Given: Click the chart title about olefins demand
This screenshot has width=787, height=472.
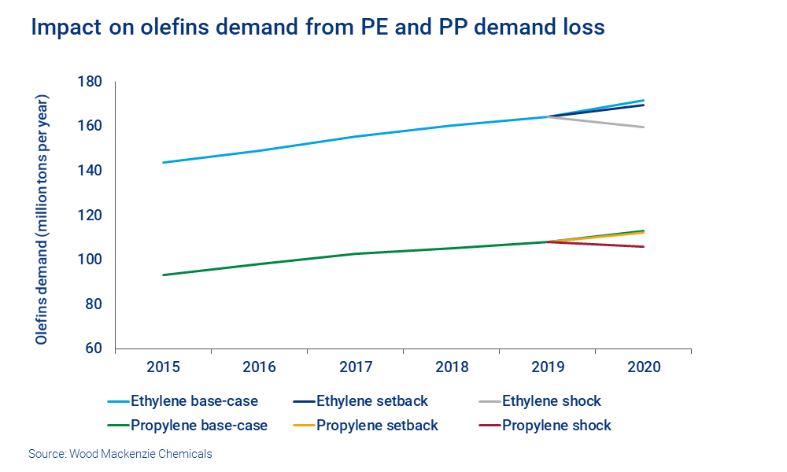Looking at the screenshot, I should [x=317, y=28].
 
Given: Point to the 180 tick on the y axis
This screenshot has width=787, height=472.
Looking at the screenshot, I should [x=93, y=82].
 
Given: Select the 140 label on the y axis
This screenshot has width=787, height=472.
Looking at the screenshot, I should [x=93, y=171].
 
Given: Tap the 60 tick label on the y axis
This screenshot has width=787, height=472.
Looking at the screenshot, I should [x=96, y=348].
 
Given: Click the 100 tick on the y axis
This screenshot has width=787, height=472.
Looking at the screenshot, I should [x=93, y=260].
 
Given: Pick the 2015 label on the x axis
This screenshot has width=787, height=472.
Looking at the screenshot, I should [x=163, y=368].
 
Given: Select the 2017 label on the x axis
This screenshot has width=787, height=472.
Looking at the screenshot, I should [x=355, y=368].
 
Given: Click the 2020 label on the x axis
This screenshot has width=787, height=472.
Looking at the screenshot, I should [x=643, y=368].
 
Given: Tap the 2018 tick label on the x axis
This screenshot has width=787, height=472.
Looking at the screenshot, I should [x=451, y=368].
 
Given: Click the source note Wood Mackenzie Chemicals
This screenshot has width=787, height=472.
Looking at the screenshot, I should [x=120, y=454].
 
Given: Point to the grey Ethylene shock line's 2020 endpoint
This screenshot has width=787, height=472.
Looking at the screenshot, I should [x=644, y=127].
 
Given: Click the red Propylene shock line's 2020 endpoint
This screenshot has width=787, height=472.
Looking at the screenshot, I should [x=644, y=247].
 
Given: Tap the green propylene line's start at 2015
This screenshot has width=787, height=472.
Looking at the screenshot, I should [x=163, y=275].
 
